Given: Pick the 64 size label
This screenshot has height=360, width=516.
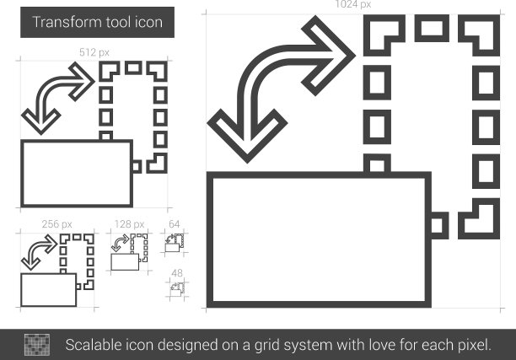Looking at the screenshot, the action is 174,224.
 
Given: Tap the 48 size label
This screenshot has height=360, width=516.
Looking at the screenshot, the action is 177,273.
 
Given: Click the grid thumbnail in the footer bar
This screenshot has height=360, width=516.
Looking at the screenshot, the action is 37,345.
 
